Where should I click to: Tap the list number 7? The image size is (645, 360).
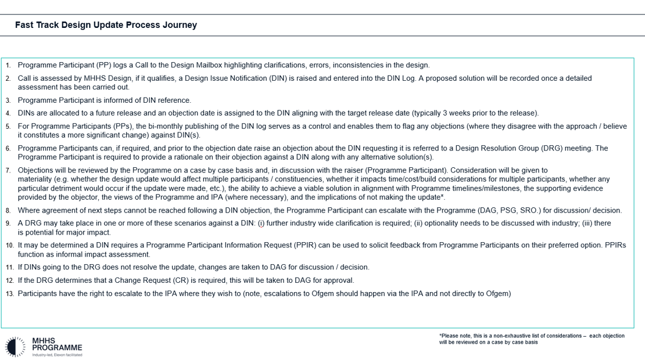point(8,171)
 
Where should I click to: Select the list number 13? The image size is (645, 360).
point(9,294)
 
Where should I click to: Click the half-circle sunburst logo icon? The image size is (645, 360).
point(14,345)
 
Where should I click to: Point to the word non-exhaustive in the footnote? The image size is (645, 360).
point(518,336)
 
